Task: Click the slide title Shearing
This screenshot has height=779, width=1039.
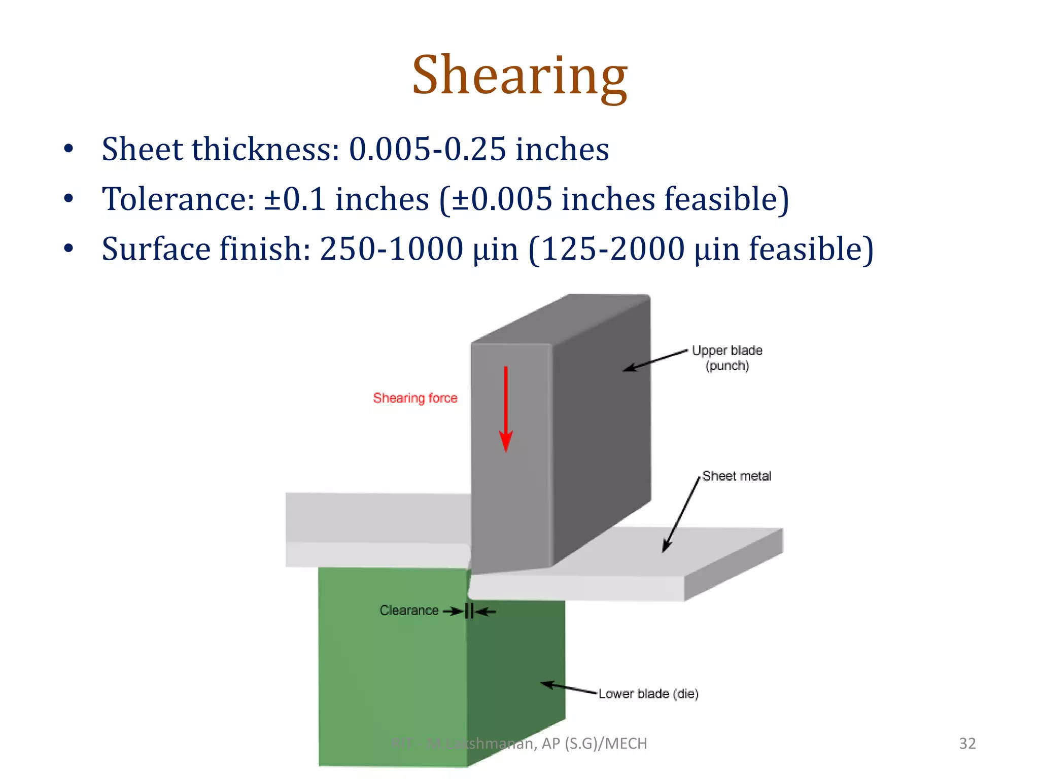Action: [519, 76]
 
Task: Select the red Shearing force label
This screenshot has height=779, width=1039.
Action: [415, 398]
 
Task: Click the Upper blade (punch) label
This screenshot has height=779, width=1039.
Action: [727, 358]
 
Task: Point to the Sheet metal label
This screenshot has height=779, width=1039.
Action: [737, 476]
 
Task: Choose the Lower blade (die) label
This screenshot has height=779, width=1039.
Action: [648, 693]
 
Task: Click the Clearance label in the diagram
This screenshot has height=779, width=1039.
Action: [409, 610]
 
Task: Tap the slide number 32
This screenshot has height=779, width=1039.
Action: [967, 743]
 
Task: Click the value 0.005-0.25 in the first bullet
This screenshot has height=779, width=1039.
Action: [428, 149]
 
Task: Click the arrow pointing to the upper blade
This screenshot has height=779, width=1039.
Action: [655, 360]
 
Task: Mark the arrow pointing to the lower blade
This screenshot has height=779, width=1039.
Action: [568, 688]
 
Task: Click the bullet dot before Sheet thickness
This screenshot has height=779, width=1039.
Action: [69, 149]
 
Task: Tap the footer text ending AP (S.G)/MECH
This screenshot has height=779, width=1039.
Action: [519, 743]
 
